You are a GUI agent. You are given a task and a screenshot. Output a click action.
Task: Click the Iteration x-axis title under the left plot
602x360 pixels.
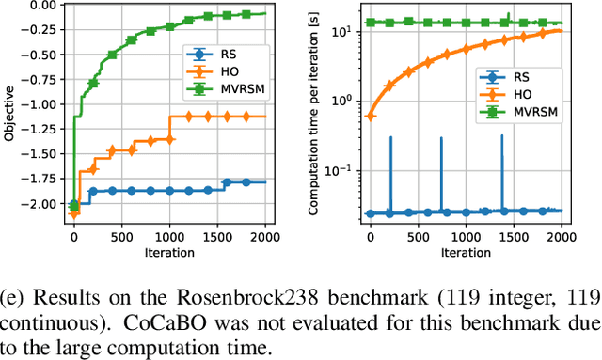(x=170, y=253)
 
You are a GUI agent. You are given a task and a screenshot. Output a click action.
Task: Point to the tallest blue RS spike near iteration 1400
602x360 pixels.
(x=502, y=136)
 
